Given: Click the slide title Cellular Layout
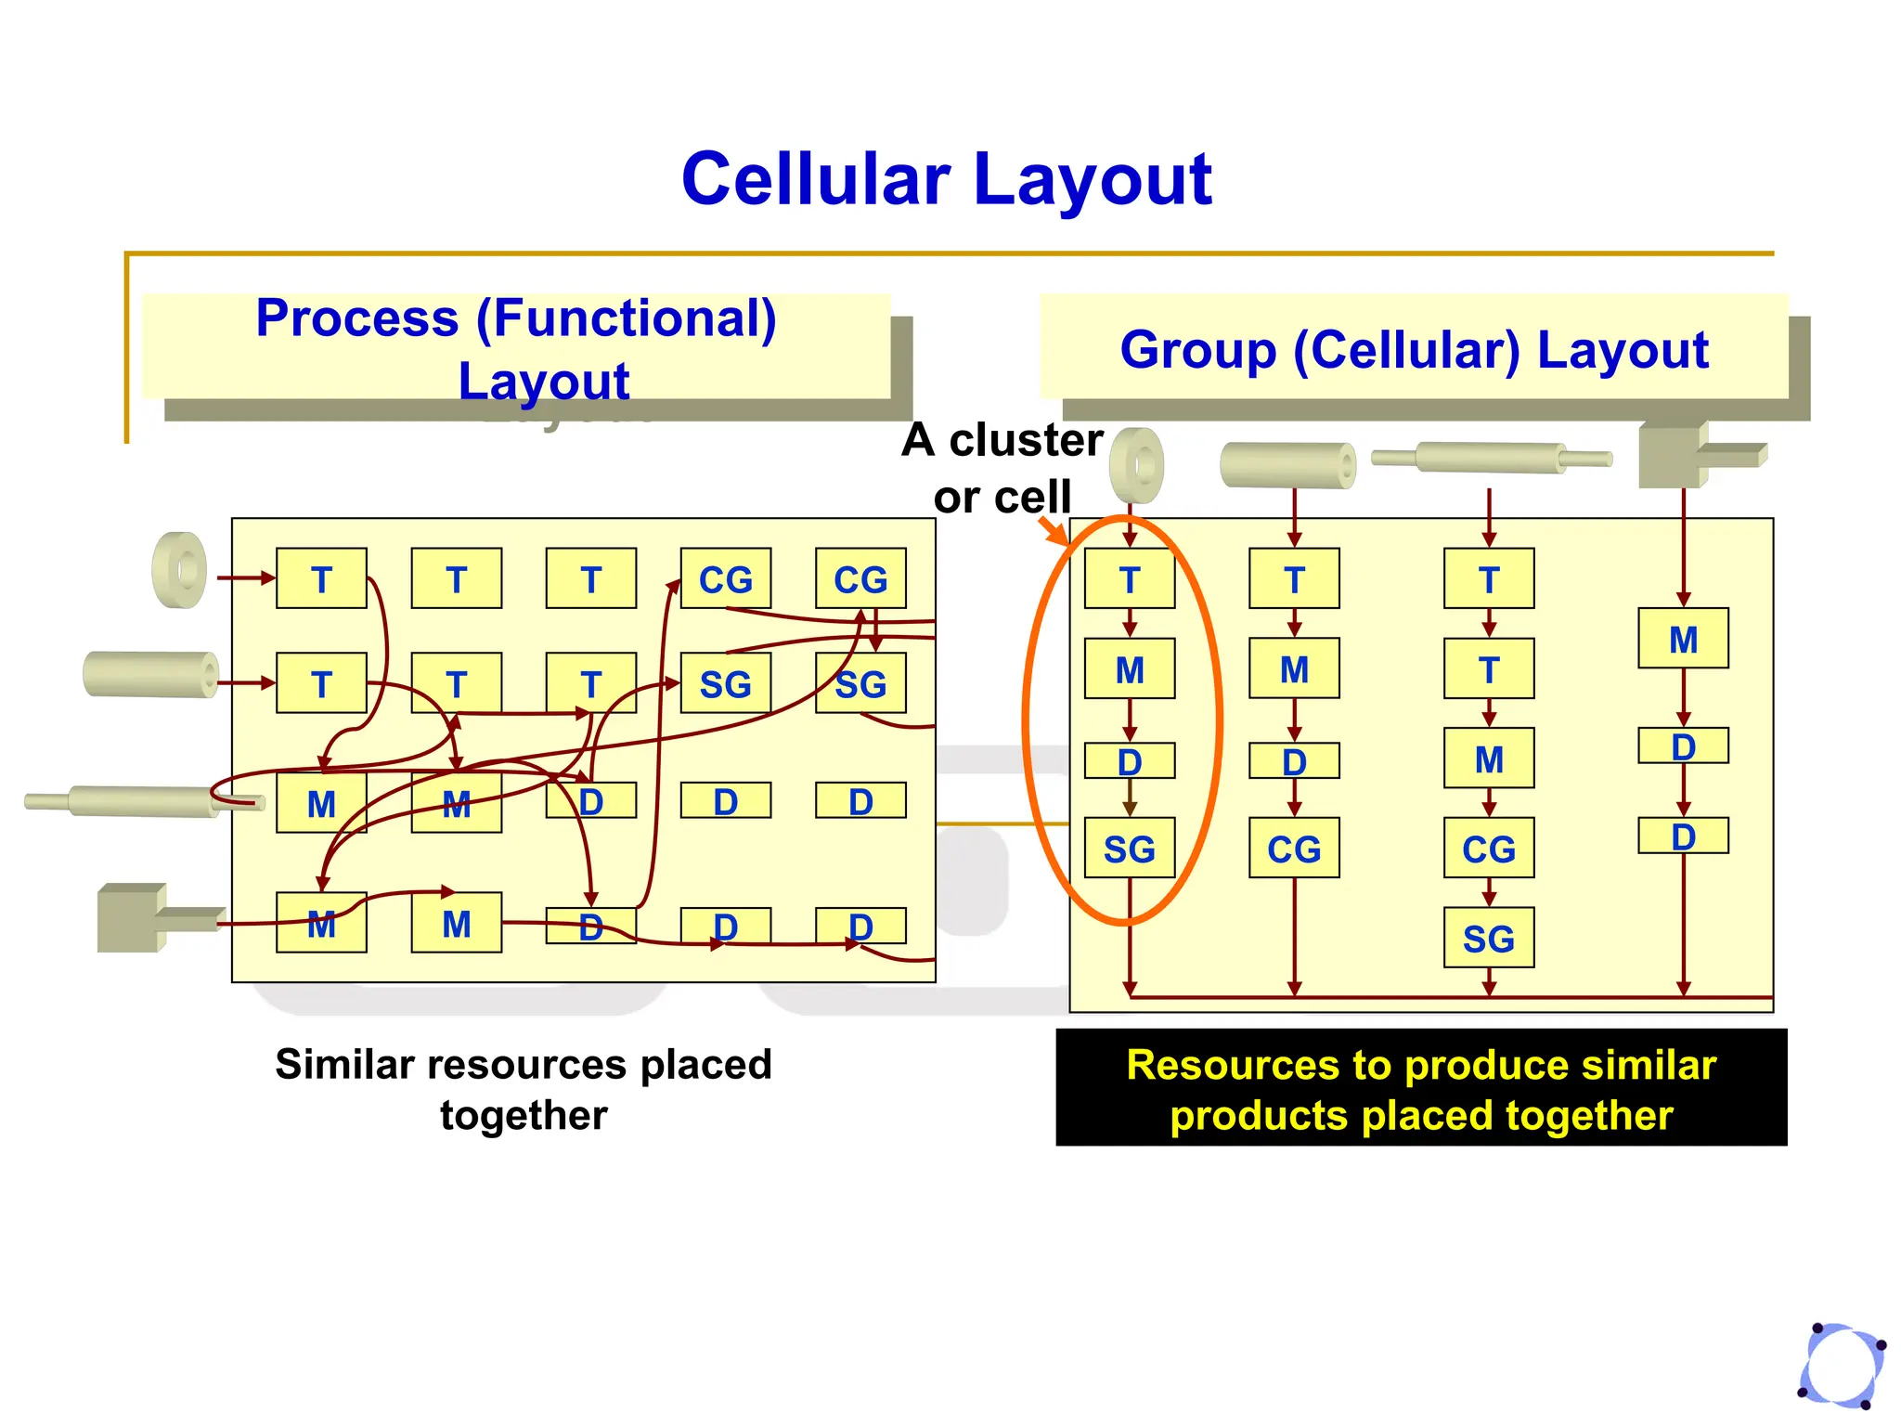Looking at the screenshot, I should click(x=946, y=179).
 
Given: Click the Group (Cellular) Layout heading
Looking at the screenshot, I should click(x=1414, y=350).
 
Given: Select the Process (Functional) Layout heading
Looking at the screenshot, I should click(x=516, y=348).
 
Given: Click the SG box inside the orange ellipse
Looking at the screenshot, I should click(x=1129, y=849).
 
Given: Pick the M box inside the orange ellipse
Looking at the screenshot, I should click(x=1129, y=668).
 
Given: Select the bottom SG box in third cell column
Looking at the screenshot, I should click(x=1488, y=938).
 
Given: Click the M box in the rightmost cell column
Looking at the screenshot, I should click(x=1682, y=639).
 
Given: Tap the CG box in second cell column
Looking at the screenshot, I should click(x=1294, y=849).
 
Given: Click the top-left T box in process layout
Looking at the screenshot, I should click(x=321, y=578).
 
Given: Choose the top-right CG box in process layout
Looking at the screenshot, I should click(x=860, y=578).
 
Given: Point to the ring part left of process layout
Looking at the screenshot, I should click(x=180, y=570).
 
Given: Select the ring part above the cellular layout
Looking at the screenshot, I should click(x=1136, y=464).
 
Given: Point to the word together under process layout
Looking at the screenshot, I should click(x=524, y=1115).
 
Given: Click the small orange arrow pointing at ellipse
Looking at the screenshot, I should click(x=1054, y=531).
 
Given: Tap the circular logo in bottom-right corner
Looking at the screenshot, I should click(x=1843, y=1365).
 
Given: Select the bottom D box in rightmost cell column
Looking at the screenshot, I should click(x=1682, y=836).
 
